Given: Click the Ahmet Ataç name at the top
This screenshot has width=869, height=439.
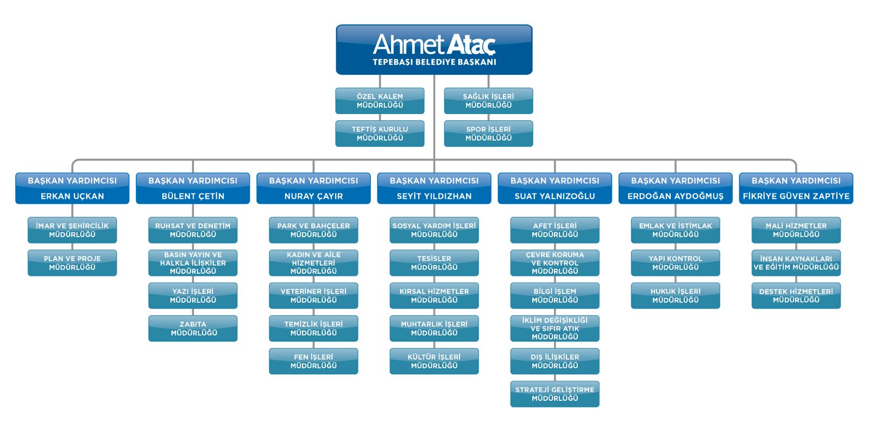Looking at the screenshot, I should [434, 44].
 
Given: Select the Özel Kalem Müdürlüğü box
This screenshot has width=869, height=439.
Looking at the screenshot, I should [380, 101].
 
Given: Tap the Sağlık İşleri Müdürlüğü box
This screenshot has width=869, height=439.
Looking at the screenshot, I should [488, 101].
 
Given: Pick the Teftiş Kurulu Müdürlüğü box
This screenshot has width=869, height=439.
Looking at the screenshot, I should [380, 134].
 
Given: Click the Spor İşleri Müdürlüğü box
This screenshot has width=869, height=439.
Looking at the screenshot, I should [488, 134].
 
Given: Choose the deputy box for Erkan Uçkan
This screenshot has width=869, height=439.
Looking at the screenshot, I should [72, 188].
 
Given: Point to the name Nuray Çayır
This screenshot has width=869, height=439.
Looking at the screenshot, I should [313, 196].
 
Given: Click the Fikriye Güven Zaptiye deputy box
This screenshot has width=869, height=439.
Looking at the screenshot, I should [796, 188].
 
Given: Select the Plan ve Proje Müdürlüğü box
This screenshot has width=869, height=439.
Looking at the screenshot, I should [72, 263].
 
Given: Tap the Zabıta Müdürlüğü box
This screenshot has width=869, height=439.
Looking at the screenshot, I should [193, 328].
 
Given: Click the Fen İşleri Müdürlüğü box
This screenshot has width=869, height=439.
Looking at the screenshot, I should [313, 361].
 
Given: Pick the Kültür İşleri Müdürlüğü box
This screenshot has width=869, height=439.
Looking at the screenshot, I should [434, 361].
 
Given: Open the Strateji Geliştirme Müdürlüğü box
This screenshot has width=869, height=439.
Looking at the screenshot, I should [555, 394].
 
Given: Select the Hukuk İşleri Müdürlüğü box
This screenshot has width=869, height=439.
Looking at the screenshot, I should [675, 296].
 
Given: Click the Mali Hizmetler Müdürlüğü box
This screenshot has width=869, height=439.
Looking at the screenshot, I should [796, 230].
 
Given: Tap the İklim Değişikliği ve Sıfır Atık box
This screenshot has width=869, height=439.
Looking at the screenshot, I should [555, 328].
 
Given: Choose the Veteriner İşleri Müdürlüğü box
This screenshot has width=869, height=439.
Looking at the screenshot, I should [313, 296].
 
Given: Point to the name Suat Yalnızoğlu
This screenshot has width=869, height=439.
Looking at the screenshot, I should [555, 196].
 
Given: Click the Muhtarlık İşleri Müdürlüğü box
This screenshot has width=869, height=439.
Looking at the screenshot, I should [434, 328].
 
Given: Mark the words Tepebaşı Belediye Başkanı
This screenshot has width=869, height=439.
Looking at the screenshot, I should [434, 62].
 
